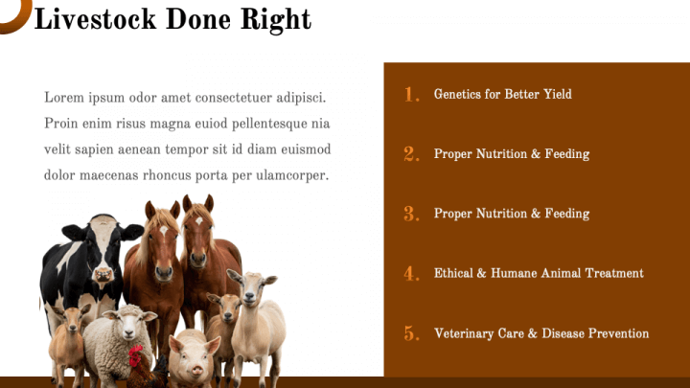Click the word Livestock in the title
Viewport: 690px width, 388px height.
pyautogui.click(x=95, y=19)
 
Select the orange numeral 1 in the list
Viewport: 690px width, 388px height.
pyautogui.click(x=411, y=95)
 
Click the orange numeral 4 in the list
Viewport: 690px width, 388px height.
pyautogui.click(x=411, y=274)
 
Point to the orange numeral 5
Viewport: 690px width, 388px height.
pyautogui.click(x=411, y=333)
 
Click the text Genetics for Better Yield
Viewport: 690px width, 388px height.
pyautogui.click(x=502, y=94)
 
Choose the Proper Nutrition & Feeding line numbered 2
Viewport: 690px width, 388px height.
pyautogui.click(x=512, y=154)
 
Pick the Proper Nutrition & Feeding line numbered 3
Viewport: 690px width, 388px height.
pyautogui.click(x=512, y=214)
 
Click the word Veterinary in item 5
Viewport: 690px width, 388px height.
pyautogui.click(x=464, y=333)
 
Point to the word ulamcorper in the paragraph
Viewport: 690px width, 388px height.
pyautogui.click(x=292, y=175)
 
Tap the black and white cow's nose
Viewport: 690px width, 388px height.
pyautogui.click(x=103, y=275)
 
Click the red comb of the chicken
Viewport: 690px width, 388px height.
pyautogui.click(x=135, y=352)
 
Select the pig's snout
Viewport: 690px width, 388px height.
pyautogui.click(x=197, y=371)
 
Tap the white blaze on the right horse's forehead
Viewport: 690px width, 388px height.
pyautogui.click(x=199, y=221)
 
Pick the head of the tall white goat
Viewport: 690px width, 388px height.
pyautogui.click(x=250, y=287)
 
